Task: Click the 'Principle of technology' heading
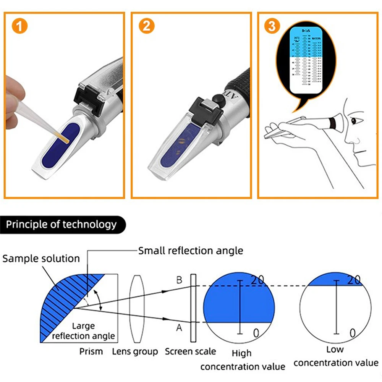click(x=61, y=224)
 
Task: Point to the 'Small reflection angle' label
click(x=190, y=251)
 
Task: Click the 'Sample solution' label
click(x=41, y=259)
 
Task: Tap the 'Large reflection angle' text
click(x=83, y=331)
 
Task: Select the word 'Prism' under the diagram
click(x=91, y=351)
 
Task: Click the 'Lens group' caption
click(x=135, y=351)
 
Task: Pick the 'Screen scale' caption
click(x=190, y=351)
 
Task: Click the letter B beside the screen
click(x=179, y=280)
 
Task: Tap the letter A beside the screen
click(x=179, y=327)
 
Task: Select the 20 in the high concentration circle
click(x=257, y=280)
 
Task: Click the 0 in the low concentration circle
click(x=353, y=333)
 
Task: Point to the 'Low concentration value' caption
click(x=335, y=356)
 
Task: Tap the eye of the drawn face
click(x=355, y=121)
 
